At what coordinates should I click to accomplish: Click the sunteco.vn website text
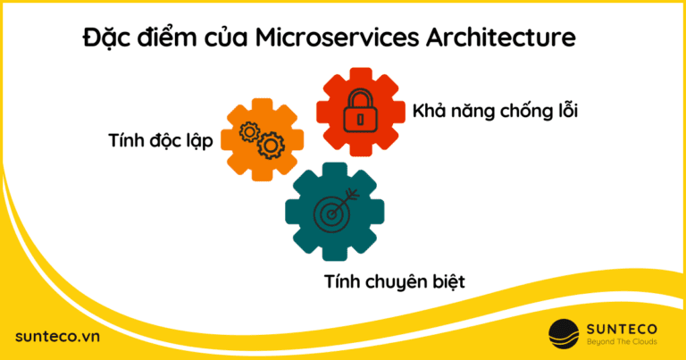[56, 335]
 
